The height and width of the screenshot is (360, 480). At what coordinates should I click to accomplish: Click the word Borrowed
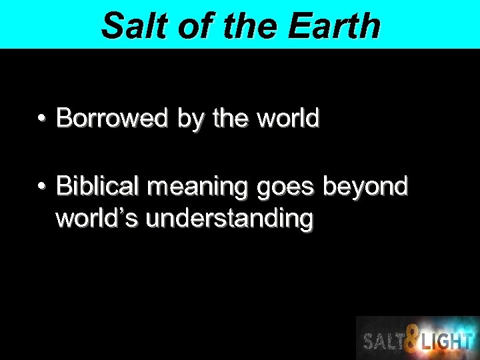pyautogui.click(x=112, y=119)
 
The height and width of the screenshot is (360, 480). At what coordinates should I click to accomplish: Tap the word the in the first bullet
pyautogui.click(x=231, y=119)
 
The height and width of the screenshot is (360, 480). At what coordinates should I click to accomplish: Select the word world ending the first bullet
pyautogui.click(x=288, y=119)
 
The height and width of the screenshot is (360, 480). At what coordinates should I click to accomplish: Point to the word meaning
pyautogui.click(x=198, y=187)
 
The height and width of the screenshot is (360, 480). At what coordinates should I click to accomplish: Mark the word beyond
pyautogui.click(x=365, y=187)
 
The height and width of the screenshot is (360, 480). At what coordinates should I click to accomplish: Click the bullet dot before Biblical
pyautogui.click(x=41, y=187)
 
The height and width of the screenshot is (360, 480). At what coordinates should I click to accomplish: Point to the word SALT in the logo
pyautogui.click(x=383, y=341)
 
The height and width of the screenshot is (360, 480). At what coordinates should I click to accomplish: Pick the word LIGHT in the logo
pyautogui.click(x=446, y=341)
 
